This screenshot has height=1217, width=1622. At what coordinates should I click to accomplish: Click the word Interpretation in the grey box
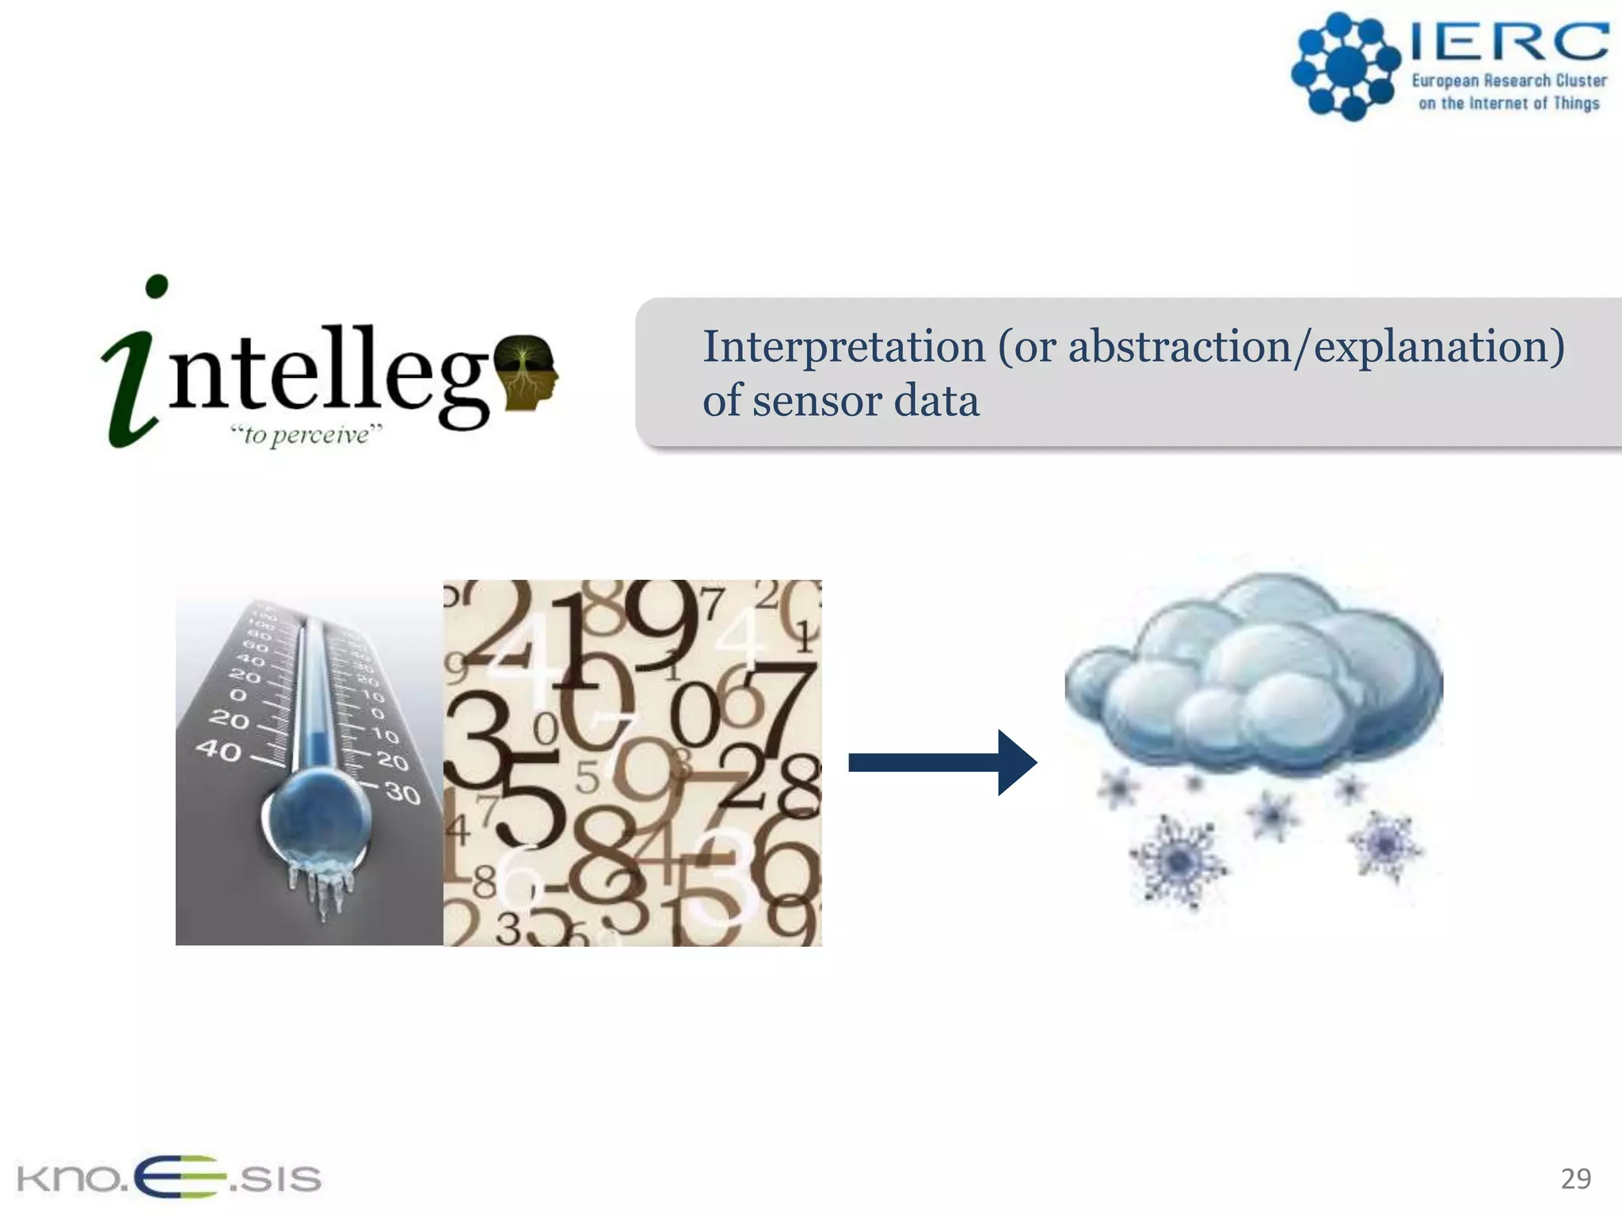(843, 347)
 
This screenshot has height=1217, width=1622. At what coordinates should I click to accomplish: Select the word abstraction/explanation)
(1315, 347)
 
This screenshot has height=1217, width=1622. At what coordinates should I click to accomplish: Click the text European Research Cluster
(1509, 81)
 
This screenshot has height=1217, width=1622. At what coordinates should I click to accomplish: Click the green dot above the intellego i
(157, 286)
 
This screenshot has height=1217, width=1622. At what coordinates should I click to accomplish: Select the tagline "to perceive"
(306, 434)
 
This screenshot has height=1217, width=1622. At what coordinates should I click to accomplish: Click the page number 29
(1575, 1178)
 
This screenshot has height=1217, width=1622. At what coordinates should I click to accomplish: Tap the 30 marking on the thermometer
(402, 792)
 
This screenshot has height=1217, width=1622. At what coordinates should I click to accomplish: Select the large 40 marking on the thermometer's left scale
(219, 749)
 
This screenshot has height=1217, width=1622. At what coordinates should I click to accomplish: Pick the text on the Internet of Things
(1509, 103)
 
